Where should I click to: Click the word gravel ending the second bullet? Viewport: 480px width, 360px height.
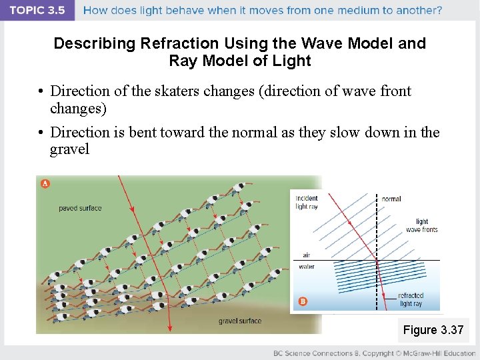(69, 149)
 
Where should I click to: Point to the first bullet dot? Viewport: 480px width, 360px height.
(41, 92)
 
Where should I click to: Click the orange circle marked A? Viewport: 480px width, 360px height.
(45, 183)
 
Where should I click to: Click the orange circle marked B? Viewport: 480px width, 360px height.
(303, 301)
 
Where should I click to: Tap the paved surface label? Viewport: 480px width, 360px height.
(80, 208)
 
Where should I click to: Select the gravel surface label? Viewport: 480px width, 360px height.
(240, 321)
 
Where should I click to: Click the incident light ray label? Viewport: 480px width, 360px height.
(307, 202)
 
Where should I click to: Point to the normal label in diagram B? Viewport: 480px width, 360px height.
(391, 199)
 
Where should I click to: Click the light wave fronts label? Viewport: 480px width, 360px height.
(421, 225)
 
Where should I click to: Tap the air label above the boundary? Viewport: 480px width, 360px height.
(306, 255)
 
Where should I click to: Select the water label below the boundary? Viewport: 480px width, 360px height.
(307, 267)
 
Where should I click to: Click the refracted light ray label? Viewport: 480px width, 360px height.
(410, 299)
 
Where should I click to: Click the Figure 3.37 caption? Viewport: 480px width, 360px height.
(433, 330)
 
